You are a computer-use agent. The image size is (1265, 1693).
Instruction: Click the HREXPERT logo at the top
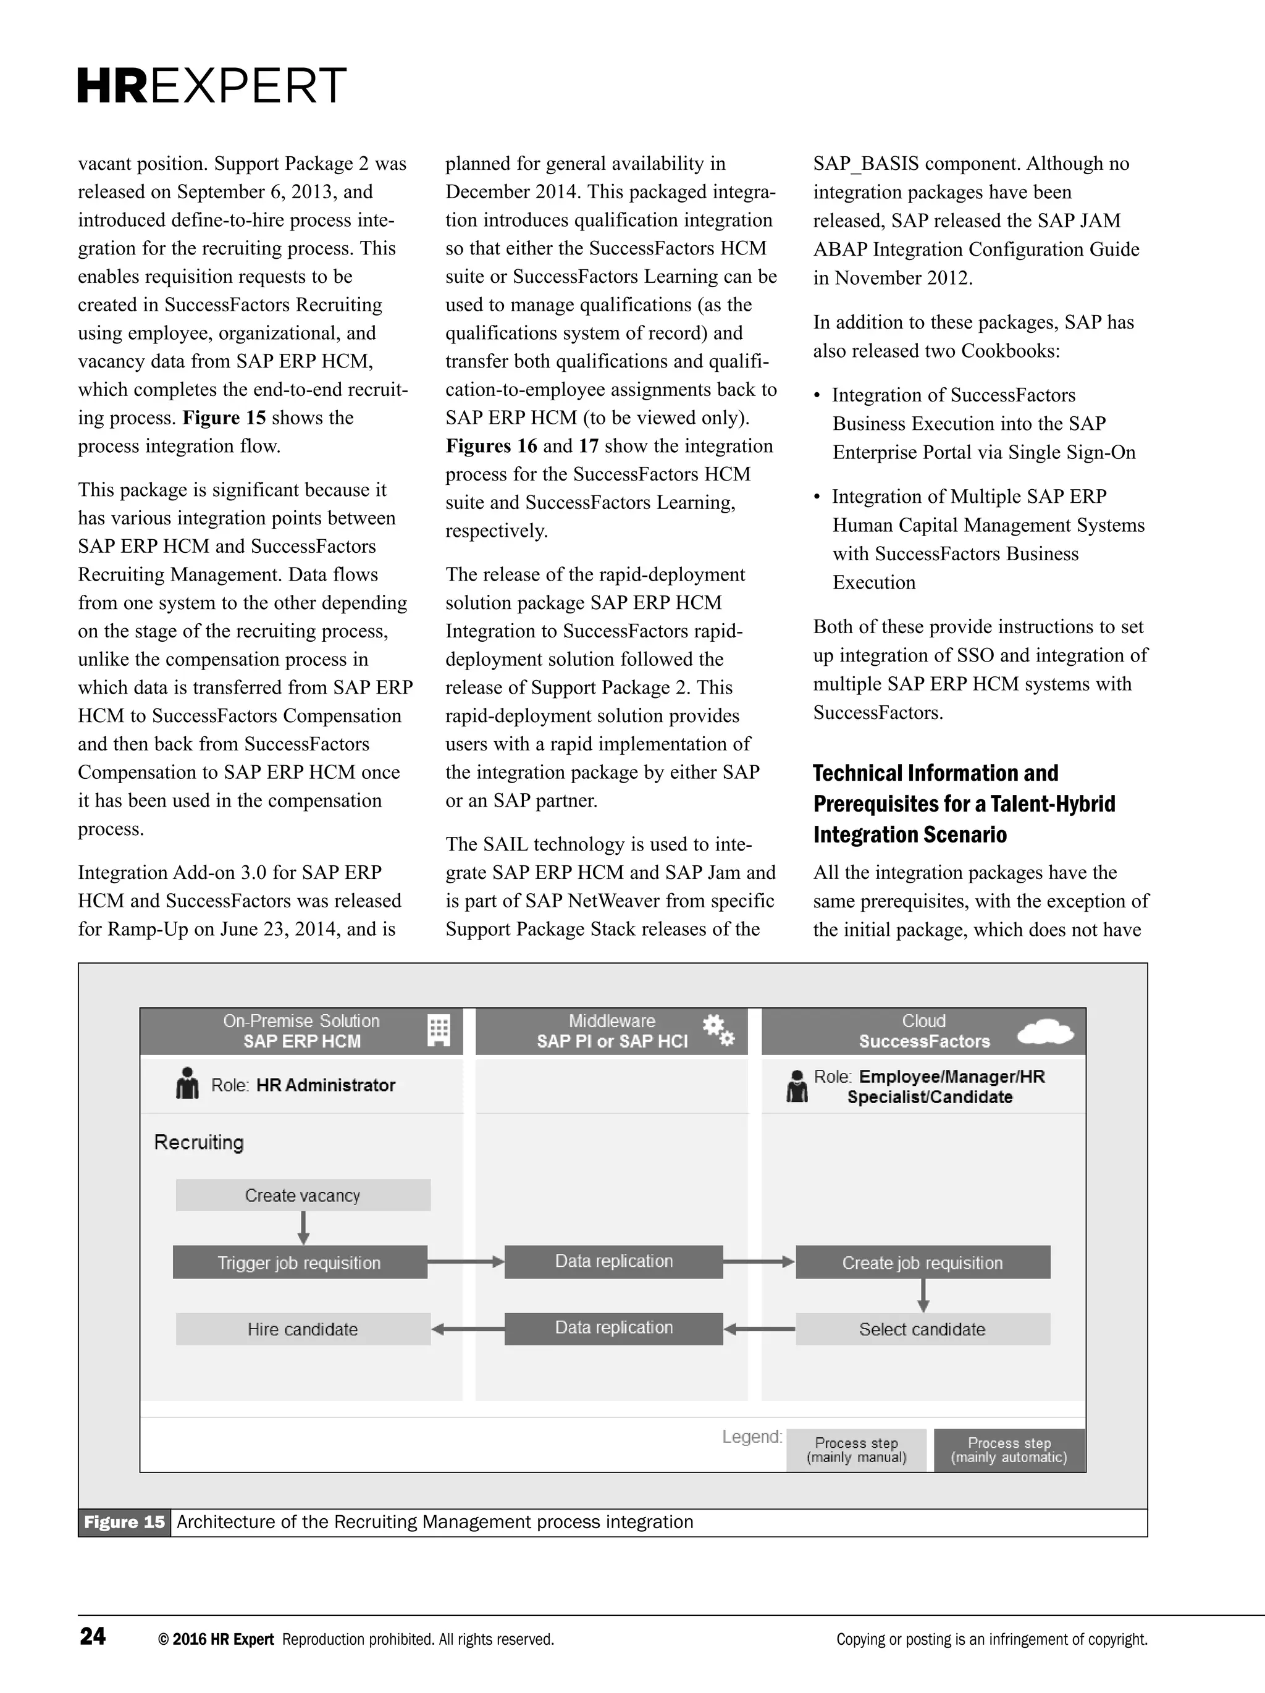coord(212,86)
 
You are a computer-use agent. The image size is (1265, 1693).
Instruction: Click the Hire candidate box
coord(303,1329)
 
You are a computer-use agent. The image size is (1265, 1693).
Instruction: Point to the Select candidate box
coord(922,1329)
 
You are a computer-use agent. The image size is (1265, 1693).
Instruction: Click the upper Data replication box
coord(614,1261)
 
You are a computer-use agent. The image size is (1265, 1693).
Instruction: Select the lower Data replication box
coord(614,1328)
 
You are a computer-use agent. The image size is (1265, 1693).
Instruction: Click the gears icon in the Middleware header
coord(718,1030)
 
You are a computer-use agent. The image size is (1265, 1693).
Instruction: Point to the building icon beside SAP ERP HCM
coord(439,1030)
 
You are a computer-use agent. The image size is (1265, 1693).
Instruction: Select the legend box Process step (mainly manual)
coord(856,1450)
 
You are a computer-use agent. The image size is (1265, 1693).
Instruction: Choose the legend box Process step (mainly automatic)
coord(1009,1450)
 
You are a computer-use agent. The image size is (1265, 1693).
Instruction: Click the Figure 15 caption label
coord(124,1521)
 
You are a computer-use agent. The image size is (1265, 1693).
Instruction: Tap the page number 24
coord(93,1636)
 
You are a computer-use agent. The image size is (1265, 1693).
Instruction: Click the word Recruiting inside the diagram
coord(199,1142)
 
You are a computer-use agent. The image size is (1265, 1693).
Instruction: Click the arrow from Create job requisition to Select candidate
coord(923,1295)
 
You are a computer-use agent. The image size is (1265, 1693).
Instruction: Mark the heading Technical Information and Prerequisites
coord(964,804)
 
